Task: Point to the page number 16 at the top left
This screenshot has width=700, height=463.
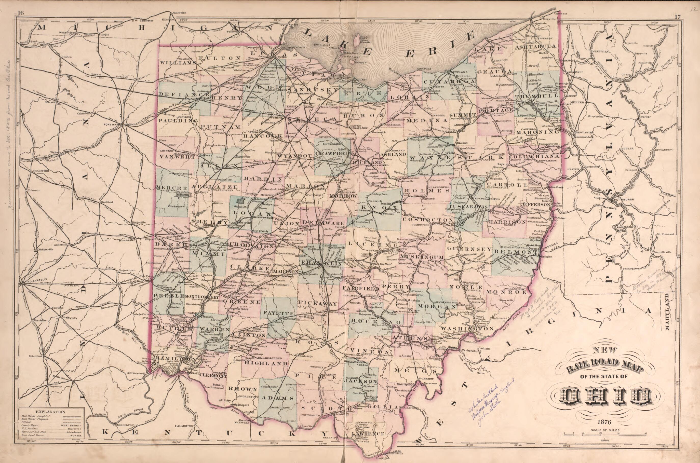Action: [21, 13]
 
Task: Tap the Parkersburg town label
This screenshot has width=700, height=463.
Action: [469, 351]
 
